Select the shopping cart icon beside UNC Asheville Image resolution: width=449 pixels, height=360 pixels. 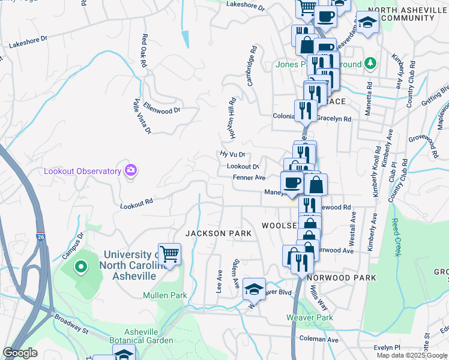(170, 254)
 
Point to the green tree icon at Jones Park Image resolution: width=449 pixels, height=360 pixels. (370, 64)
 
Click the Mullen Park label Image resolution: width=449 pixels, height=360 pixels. (165, 295)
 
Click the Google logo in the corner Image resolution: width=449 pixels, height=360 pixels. (20, 353)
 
